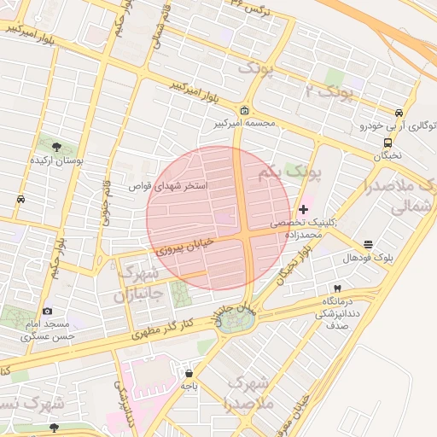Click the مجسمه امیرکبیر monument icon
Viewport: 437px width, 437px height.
[245, 111]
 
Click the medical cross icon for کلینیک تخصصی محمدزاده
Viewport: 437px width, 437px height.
[304, 209]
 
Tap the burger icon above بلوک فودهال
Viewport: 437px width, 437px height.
[368, 244]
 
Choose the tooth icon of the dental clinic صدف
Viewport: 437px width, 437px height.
[338, 288]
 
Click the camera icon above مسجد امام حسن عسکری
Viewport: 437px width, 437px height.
[47, 311]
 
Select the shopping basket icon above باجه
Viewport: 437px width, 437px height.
[189, 373]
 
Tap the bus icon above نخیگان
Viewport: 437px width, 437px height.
[388, 143]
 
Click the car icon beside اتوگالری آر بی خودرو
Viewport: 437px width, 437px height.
[399, 113]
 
